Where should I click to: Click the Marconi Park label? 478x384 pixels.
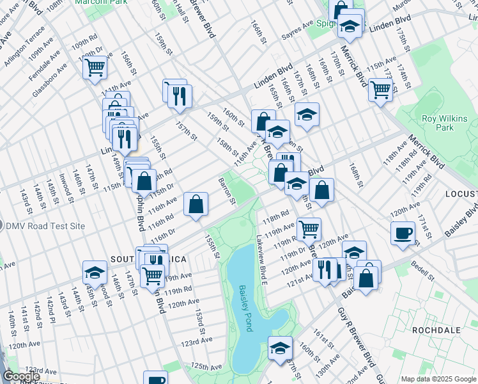click(97, 2)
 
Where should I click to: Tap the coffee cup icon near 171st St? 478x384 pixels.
click(403, 233)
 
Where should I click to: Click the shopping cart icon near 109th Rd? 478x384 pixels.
click(95, 67)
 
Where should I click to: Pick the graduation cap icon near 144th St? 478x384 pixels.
click(95, 272)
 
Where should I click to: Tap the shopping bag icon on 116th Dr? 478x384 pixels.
click(196, 204)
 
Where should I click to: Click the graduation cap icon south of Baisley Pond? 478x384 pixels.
click(279, 348)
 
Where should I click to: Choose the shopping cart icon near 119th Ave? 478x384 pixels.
click(309, 227)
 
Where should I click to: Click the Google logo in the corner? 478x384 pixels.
click(21, 376)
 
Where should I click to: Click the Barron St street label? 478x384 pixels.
click(227, 192)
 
